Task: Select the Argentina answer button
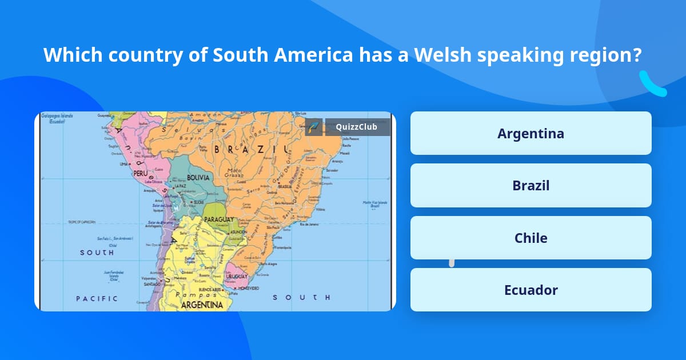coord(531,133)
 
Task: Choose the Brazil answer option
coord(531,186)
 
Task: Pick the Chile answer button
coord(531,238)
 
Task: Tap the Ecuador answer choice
coord(531,290)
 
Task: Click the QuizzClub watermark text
coord(357,127)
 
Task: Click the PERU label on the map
coord(141,172)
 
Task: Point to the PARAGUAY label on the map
coord(219,219)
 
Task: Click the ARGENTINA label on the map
coord(202,305)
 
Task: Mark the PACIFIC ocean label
coord(97,298)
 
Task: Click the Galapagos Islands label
coord(57,117)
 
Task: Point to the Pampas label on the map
coord(192,294)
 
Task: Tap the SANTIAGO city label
coord(153,283)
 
